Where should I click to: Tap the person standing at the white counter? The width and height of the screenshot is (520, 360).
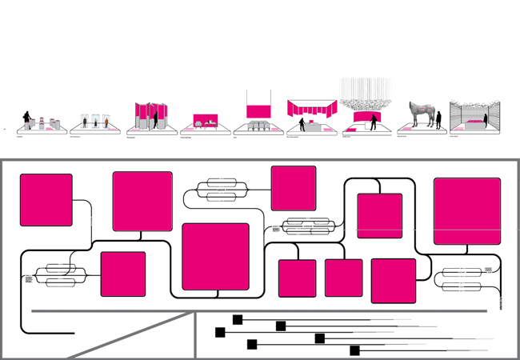302,125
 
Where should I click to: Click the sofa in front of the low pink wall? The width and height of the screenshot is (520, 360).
198,124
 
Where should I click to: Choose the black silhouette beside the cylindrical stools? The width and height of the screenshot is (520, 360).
27,120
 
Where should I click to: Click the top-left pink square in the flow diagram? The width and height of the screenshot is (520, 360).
46,200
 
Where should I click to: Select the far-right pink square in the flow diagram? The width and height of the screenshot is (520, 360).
467,211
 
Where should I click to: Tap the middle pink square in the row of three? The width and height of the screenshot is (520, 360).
343,278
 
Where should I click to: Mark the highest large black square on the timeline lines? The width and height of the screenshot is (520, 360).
238,319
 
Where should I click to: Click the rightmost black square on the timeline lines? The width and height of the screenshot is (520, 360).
354,350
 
